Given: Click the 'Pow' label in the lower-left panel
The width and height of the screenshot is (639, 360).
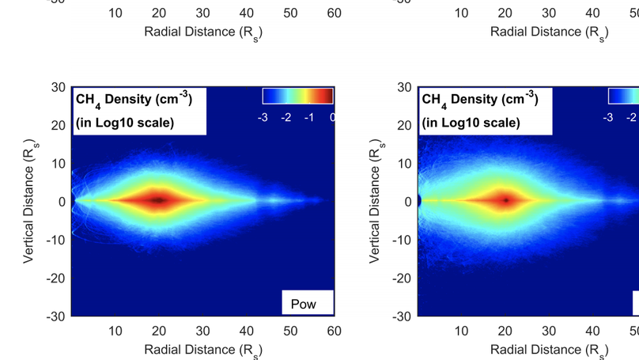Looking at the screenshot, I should coord(304,304).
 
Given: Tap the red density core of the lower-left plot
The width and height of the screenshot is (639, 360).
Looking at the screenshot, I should coord(158,201).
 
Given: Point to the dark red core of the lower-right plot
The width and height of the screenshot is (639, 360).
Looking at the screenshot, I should coord(505,201).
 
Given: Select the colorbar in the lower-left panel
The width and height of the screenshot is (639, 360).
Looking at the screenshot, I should coord(297,97).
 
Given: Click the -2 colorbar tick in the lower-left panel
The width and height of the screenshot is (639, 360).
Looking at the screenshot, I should coord(286,117).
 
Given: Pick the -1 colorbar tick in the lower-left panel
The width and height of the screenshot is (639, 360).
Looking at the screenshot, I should coord(309,117).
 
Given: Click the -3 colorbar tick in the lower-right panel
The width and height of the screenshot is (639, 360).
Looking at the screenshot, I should coord(608,117).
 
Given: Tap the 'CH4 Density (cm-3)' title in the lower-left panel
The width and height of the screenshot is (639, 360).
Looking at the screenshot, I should coord(133,100).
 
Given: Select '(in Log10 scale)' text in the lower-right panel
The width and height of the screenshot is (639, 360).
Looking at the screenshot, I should coord(471,123).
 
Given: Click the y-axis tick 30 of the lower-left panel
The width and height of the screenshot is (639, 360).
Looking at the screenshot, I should coord(58,87).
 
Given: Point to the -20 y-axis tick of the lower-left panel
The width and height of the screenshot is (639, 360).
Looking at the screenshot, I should coord(55,278).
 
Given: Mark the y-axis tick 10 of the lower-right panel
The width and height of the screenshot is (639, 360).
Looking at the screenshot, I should coord(404,163).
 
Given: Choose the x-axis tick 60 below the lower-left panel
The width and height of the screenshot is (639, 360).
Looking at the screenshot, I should coord(334,331).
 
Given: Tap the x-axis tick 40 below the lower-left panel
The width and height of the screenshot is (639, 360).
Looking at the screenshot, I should coord(246,331).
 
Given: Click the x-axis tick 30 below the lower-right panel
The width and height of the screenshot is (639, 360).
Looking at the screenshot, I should coord(549,331).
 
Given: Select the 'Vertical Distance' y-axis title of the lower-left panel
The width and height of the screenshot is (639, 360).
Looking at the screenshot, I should coord(29,201).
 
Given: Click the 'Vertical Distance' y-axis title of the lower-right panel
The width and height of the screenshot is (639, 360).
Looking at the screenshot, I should coord(376,201).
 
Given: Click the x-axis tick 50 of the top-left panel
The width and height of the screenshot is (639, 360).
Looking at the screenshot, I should coord(290,13).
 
